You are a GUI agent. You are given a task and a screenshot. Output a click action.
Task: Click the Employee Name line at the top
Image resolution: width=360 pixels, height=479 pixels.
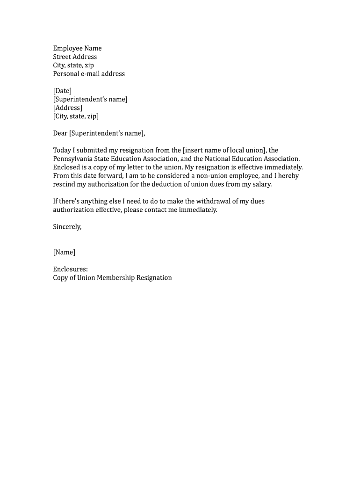[77, 48]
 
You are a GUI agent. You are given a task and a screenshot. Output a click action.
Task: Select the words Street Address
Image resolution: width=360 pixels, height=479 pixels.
[75, 57]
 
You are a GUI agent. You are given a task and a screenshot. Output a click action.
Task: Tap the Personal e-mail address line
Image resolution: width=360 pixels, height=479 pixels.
[89, 73]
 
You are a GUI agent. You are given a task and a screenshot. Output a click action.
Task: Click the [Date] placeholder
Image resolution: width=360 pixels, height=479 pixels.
[62, 91]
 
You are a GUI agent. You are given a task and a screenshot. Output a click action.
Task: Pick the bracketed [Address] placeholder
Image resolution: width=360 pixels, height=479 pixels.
[67, 108]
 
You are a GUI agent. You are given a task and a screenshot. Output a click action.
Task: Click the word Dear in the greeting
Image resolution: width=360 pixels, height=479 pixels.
[60, 133]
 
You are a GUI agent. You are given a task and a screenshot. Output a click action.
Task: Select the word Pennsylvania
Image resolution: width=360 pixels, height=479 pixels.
[74, 159]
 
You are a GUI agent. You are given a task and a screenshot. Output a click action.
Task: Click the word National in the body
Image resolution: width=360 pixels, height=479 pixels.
[219, 159]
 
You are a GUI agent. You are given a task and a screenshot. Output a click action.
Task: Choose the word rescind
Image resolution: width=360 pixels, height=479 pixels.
[64, 184]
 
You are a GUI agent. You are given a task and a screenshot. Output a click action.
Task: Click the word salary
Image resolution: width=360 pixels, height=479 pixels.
[261, 184]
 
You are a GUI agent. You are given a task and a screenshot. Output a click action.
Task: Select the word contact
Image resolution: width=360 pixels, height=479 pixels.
[158, 210]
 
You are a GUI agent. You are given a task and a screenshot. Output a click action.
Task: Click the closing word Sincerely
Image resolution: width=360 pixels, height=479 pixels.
[67, 227]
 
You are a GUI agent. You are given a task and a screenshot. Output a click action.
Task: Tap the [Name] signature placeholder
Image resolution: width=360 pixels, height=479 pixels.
[64, 252]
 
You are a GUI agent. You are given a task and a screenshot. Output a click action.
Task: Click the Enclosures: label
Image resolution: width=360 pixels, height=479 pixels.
[70, 269]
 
